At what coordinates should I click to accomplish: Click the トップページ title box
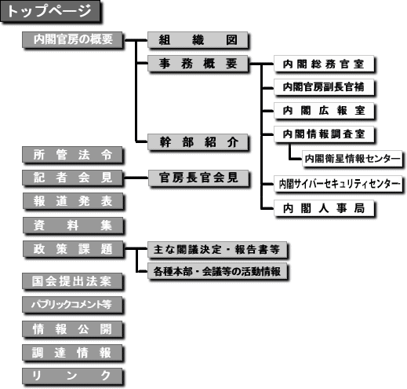50,11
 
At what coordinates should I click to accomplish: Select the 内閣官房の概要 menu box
72,39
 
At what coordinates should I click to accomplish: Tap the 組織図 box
198,40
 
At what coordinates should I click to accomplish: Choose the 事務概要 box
198,64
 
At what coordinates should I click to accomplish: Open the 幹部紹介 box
198,142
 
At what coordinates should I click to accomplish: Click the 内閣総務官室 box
324,64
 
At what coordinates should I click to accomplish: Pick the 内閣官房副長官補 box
324,87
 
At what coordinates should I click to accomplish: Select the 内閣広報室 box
324,111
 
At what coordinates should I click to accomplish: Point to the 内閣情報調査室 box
324,134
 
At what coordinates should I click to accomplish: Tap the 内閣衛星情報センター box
352,158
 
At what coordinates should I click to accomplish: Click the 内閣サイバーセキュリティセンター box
338,184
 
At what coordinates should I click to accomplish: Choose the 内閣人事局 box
324,208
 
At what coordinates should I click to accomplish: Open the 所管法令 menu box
72,155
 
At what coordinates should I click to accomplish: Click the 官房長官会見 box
198,178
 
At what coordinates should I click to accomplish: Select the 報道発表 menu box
73,201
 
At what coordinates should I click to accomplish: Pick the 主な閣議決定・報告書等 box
217,250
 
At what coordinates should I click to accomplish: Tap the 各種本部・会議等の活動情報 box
217,271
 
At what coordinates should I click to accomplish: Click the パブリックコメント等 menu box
72,305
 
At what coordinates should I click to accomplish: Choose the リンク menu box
72,376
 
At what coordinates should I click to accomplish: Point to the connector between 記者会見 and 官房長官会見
136,178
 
